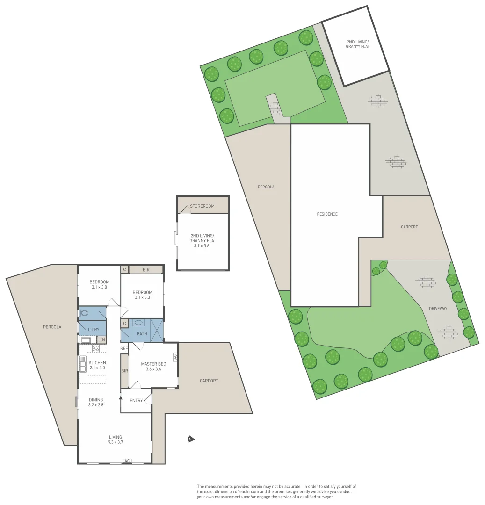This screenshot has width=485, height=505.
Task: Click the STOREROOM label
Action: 202,206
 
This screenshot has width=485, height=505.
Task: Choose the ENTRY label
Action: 136,400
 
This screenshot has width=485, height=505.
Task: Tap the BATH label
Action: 142,334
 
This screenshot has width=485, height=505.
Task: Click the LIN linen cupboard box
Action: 101,339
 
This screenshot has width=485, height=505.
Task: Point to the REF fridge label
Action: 124,348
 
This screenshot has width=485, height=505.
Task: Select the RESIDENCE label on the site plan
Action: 327,214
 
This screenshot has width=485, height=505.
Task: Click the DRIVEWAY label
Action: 438,309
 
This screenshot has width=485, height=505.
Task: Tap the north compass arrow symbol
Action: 190,439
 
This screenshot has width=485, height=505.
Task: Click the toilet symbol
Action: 84,313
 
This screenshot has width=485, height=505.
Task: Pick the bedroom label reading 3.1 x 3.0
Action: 99,284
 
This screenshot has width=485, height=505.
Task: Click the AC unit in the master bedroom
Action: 175,356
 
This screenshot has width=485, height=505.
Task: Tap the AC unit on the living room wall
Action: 127,461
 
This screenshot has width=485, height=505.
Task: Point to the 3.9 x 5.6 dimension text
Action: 202,246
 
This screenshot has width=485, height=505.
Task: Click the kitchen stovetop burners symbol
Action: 95,348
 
